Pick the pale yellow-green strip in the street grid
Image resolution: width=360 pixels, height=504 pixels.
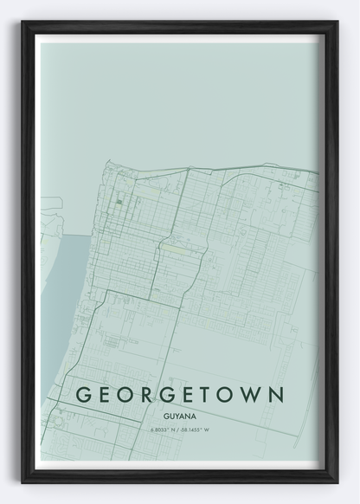coord(175,248)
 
